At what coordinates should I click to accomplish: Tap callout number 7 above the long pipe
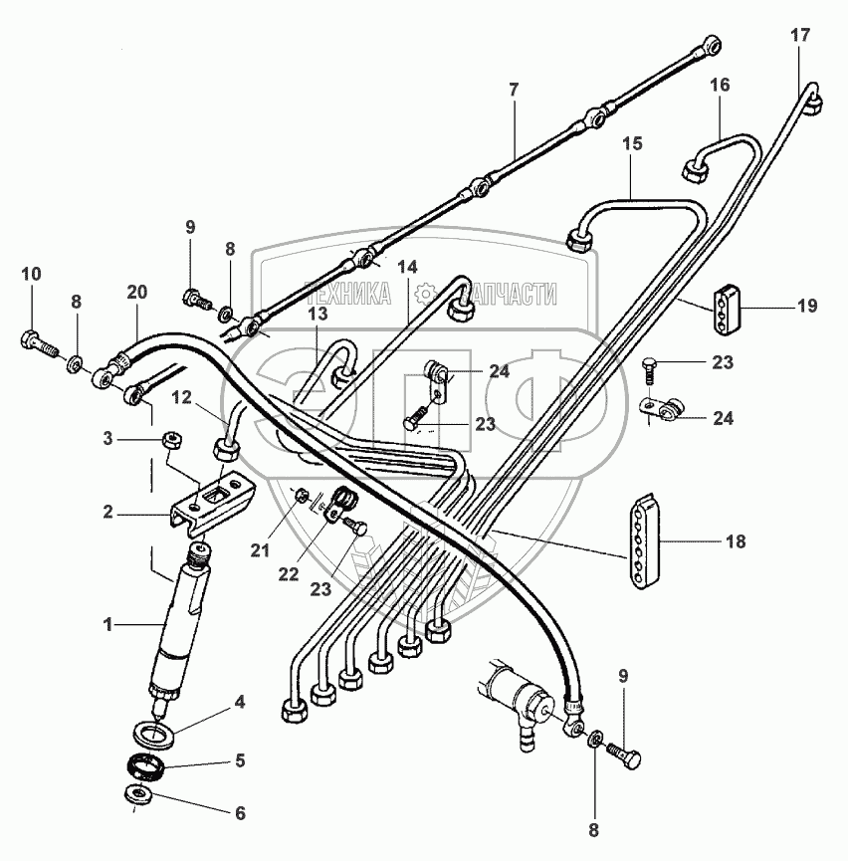[x=514, y=91]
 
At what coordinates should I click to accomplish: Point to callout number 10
[x=30, y=274]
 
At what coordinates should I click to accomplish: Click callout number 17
[x=800, y=36]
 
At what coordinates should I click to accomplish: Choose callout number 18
[x=736, y=542]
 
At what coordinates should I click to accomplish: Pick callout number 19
[x=807, y=306]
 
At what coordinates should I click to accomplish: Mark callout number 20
[x=137, y=292]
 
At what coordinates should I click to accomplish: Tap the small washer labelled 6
[x=136, y=792]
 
